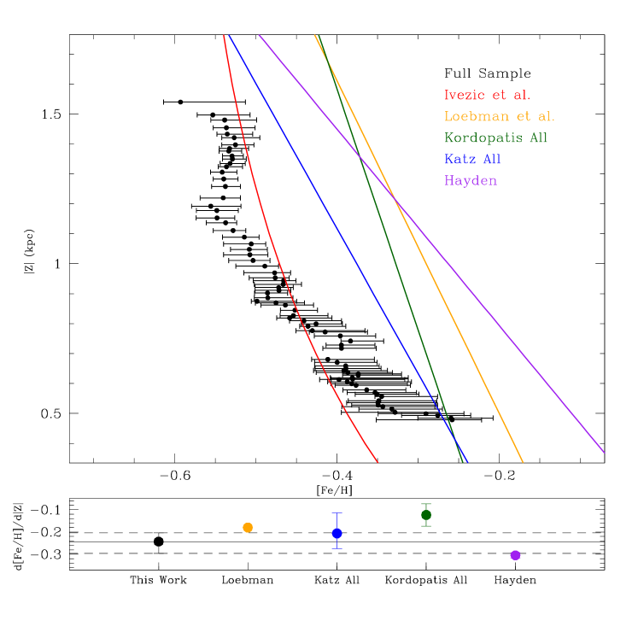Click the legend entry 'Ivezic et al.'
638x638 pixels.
pos(487,96)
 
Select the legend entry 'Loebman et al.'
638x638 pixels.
pos(499,117)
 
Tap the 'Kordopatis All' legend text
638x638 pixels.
pos(495,138)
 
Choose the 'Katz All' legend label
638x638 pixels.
pos(472,160)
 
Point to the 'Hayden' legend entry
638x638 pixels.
pos(470,181)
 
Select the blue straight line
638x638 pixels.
pos(342,239)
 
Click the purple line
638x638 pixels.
pos(512,342)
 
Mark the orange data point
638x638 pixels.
pos(248,528)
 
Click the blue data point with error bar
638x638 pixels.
pos(337,533)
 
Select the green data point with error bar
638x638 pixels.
pos(426,515)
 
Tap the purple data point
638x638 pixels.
pos(515,555)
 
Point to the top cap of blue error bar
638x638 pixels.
pos(337,513)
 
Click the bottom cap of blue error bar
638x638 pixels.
pos(337,548)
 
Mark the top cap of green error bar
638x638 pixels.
pos(426,504)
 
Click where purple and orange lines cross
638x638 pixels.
pos(395,199)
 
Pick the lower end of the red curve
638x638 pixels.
pos(378,462)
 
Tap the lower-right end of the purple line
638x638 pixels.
pos(604,452)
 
